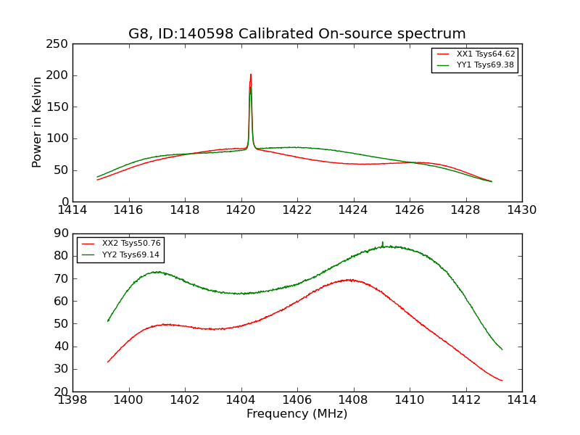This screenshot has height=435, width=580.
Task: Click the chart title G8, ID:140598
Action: tap(297, 34)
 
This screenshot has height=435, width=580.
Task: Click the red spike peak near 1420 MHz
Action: tap(251, 74)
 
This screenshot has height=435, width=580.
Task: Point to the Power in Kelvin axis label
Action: tap(37, 123)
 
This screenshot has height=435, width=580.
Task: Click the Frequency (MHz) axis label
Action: tap(297, 414)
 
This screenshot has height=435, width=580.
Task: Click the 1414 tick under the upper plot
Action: tap(72, 210)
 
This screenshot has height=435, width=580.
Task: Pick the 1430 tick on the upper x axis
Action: tap(521, 210)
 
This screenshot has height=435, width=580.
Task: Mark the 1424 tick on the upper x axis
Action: tap(353, 210)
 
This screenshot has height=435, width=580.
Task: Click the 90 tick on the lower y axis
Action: tap(62, 233)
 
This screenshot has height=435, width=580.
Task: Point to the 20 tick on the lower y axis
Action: tap(62, 391)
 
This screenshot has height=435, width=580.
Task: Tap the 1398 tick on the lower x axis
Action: tap(72, 400)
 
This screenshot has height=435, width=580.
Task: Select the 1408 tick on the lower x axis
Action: tap(353, 400)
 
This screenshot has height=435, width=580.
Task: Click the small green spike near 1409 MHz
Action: tap(383, 242)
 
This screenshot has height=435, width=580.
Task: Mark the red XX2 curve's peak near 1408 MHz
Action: tap(350, 279)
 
